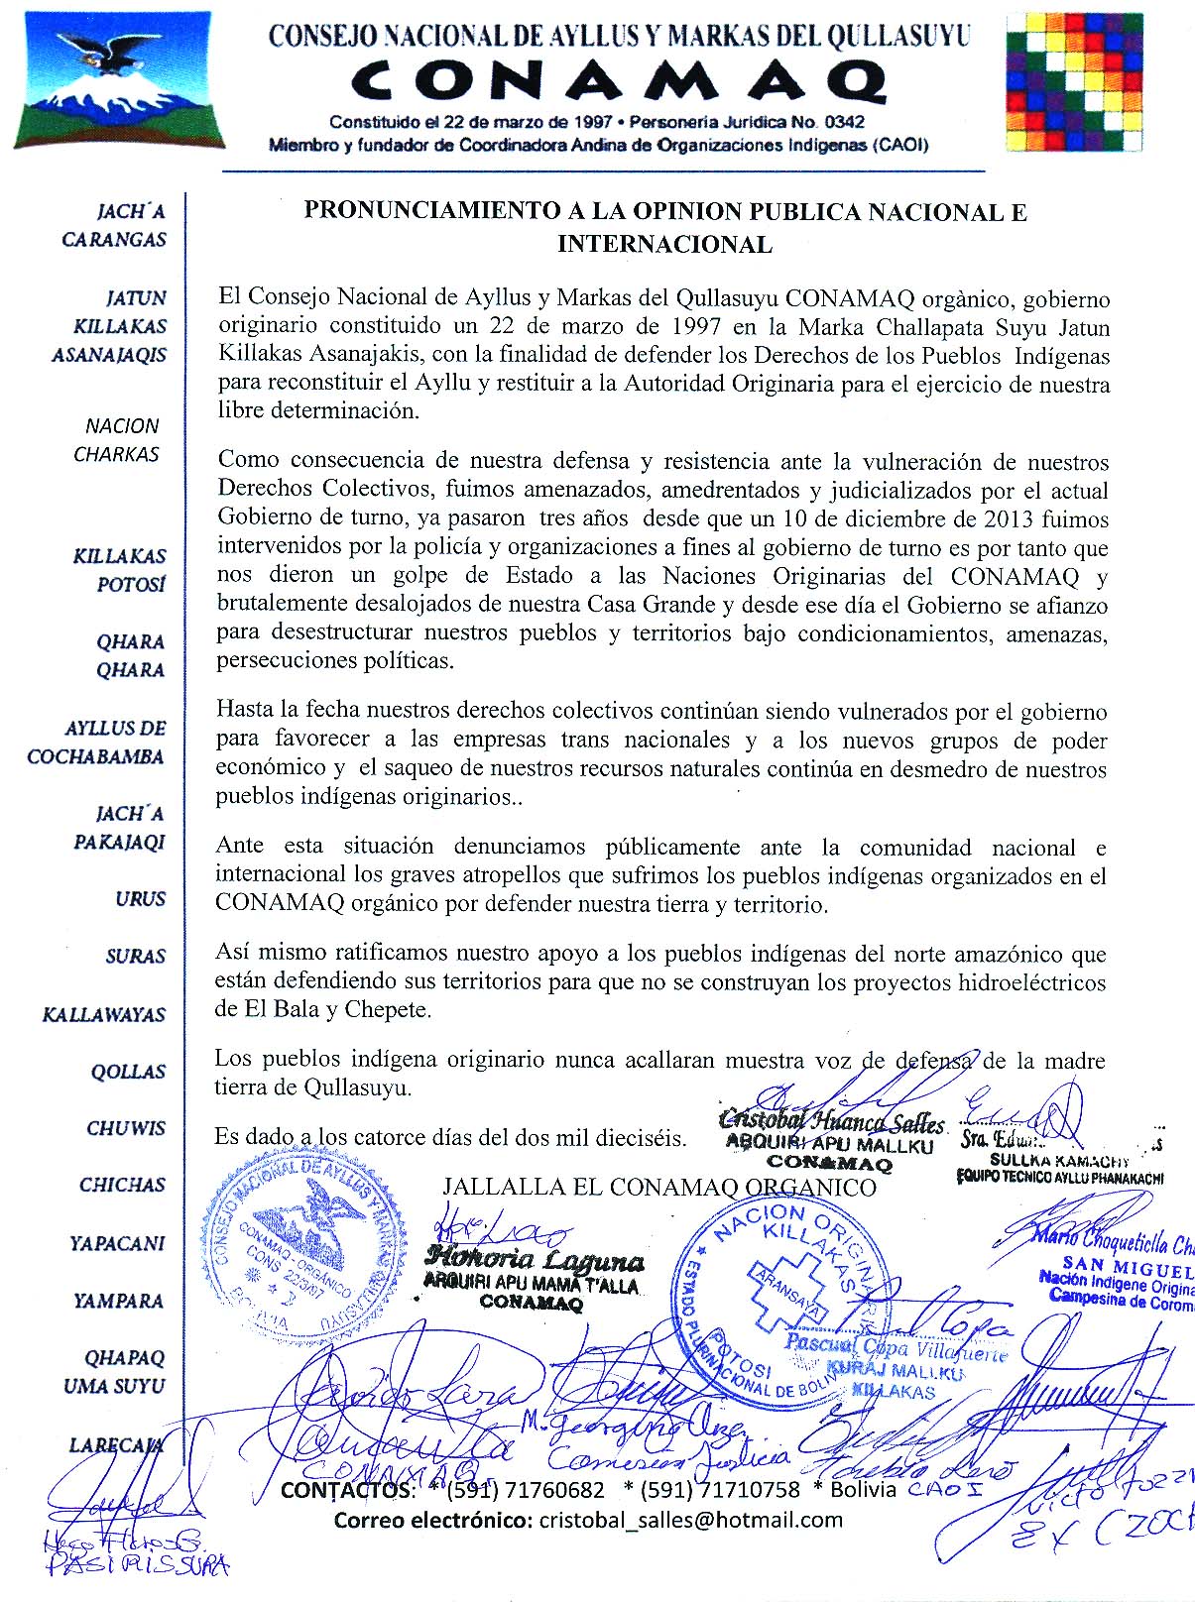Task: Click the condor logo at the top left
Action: click(120, 77)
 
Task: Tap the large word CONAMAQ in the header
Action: click(620, 81)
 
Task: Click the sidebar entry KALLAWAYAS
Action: click(104, 1015)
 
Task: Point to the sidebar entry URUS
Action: click(140, 899)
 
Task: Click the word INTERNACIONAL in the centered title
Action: click(664, 245)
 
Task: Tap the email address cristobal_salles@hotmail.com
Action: click(690, 1520)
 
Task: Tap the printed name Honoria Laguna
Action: click(535, 1261)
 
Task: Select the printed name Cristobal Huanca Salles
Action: click(831, 1122)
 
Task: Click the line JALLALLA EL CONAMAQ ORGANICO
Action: click(658, 1187)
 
